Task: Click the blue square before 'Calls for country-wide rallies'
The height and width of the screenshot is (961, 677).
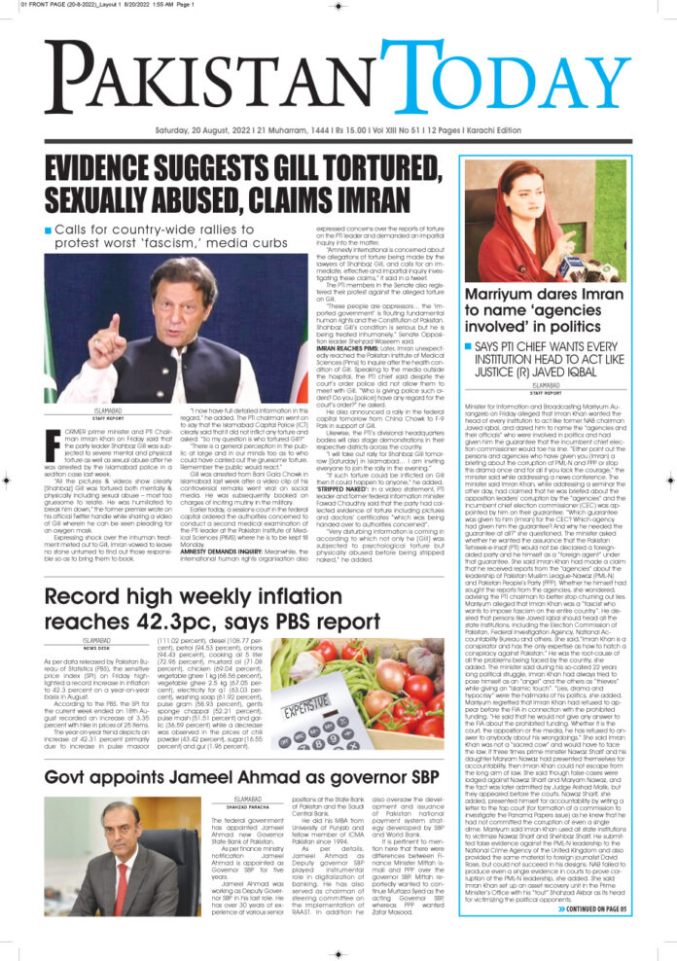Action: [48, 230]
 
